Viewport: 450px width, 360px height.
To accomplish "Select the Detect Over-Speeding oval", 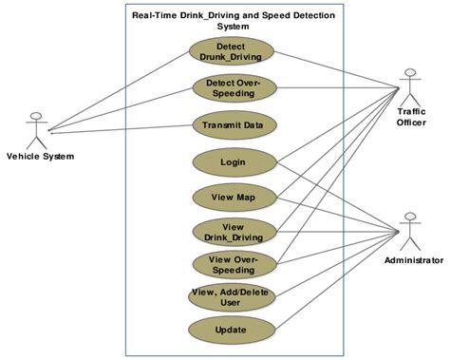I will (234, 88).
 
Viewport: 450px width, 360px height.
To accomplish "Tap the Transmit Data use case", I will (234, 124).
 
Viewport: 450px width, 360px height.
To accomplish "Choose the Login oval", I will (234, 161).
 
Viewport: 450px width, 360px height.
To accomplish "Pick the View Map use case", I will (234, 198).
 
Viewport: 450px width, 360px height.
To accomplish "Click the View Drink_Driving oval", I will (234, 232).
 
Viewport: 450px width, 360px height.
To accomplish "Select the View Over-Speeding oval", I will (234, 263).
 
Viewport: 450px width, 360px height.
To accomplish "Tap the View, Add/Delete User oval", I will (234, 297).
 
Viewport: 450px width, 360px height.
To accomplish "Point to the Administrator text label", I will (413, 259).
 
